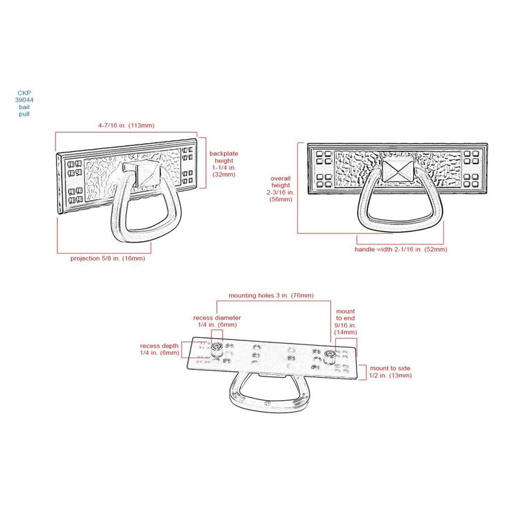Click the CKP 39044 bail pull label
(x=24, y=103)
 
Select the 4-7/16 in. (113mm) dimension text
(x=126, y=126)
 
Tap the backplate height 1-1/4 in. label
(x=224, y=164)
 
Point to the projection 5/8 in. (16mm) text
(x=108, y=258)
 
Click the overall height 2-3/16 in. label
(x=280, y=189)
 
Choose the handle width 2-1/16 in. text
(x=401, y=249)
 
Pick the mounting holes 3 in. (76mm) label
(x=271, y=295)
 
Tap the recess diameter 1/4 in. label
(x=217, y=321)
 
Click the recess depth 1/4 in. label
(x=160, y=349)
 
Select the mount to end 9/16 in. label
(x=346, y=322)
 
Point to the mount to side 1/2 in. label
(x=390, y=371)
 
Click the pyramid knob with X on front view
(x=397, y=171)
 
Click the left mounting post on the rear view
(x=217, y=348)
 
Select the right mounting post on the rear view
(x=330, y=356)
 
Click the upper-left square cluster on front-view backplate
(x=324, y=158)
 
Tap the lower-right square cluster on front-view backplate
(x=471, y=180)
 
